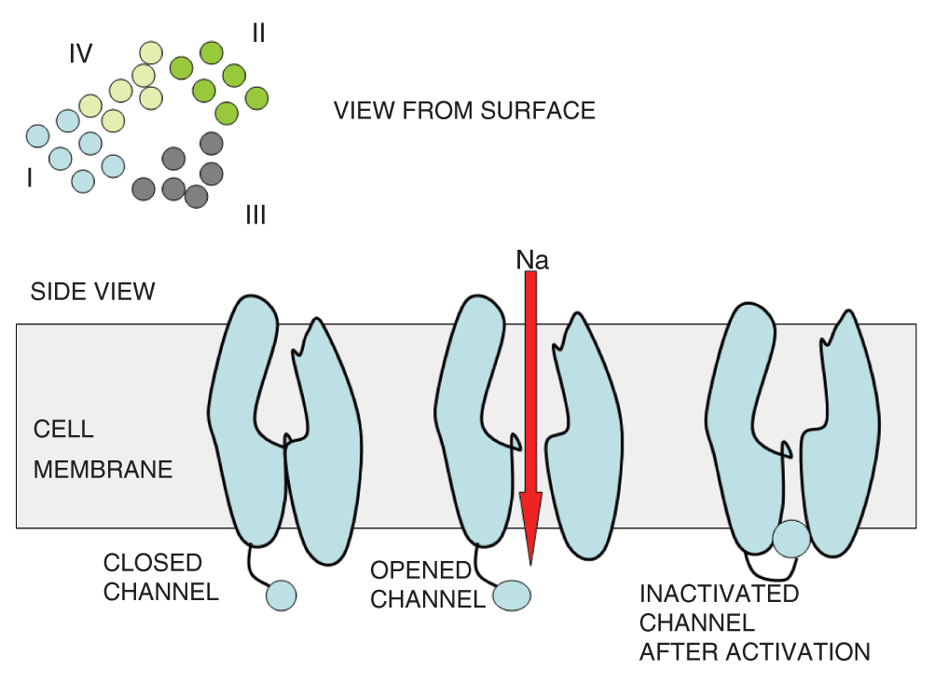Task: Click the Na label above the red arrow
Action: [532, 260]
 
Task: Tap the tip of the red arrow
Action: [530, 561]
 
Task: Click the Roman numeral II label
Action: [258, 34]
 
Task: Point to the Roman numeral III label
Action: [255, 216]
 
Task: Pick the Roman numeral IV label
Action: [80, 54]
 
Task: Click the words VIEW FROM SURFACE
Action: [464, 111]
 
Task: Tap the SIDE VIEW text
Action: [92, 292]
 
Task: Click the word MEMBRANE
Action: [103, 469]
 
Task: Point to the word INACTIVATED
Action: [719, 594]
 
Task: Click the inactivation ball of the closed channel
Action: [281, 594]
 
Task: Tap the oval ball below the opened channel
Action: [512, 595]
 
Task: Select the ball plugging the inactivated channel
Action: [791, 539]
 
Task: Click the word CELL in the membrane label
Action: [63, 430]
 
